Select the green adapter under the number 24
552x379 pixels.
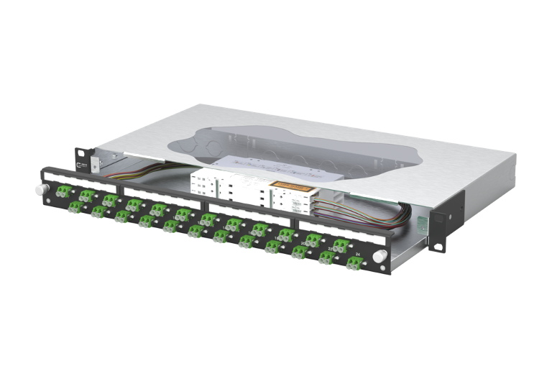353,265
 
